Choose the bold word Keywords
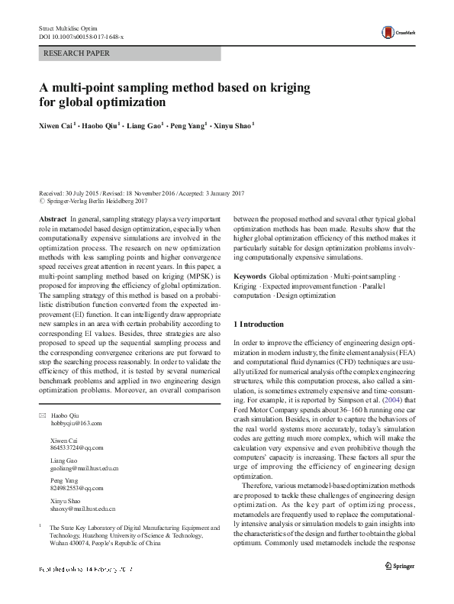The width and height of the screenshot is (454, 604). pyautogui.click(x=250, y=275)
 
